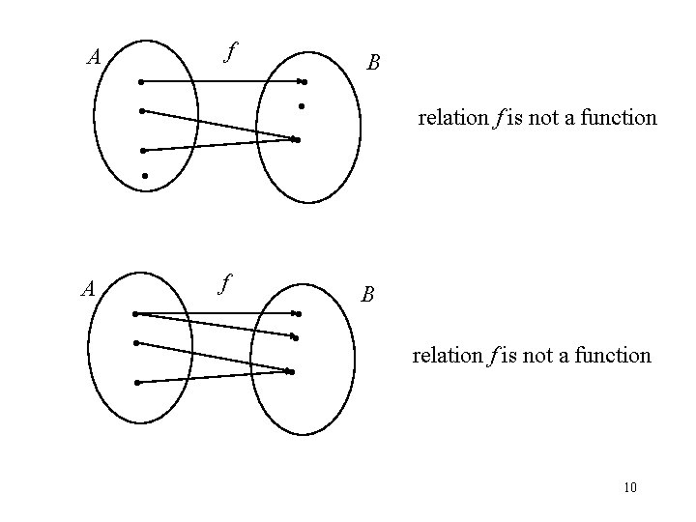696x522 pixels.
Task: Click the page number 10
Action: click(630, 487)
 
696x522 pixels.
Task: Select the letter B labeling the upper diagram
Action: click(373, 64)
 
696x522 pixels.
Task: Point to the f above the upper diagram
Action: click(228, 51)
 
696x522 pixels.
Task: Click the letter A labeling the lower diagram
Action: click(87, 289)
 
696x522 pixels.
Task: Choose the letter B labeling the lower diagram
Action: click(367, 294)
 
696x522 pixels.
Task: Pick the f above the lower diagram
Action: click(224, 284)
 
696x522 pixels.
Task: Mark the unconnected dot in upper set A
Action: click(144, 176)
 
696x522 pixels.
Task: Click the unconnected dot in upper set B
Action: click(302, 104)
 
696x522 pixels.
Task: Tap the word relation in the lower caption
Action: click(446, 356)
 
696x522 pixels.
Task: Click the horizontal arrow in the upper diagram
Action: click(222, 81)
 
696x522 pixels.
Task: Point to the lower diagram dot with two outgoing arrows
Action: click(135, 313)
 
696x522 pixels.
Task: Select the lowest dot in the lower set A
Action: click(137, 383)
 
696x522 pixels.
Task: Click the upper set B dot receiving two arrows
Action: click(298, 140)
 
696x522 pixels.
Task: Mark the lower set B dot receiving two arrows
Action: click(290, 371)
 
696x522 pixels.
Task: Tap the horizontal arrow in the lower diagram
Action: click(217, 313)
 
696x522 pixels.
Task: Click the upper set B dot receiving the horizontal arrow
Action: click(303, 82)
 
